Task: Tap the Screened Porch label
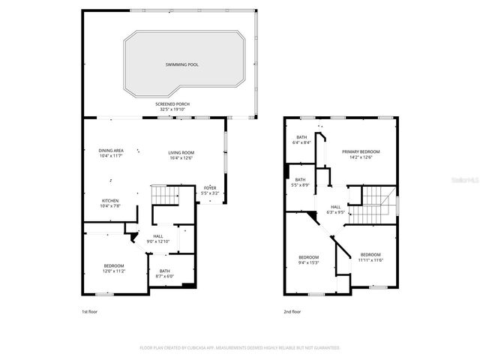(x=171, y=106)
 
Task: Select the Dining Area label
(x=111, y=153)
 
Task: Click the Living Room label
(x=181, y=155)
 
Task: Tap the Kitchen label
(x=110, y=203)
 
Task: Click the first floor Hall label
(x=157, y=238)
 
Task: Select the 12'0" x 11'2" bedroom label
(x=114, y=268)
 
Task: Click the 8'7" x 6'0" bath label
(x=164, y=273)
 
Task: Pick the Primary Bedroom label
(x=361, y=154)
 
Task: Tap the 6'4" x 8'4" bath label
(x=301, y=139)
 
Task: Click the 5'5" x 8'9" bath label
(x=300, y=181)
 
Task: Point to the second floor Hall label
(x=336, y=209)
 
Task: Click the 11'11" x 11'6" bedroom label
(x=370, y=257)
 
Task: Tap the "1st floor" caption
(x=90, y=311)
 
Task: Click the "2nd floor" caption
(x=292, y=311)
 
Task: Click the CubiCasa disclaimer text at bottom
(x=240, y=348)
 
